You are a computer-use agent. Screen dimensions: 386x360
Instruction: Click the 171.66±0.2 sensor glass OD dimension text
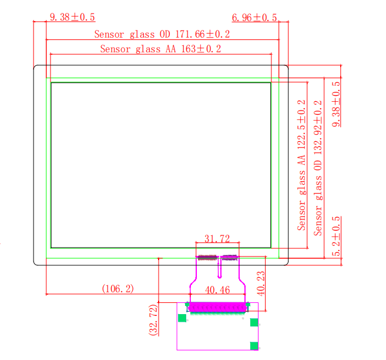point(162,34)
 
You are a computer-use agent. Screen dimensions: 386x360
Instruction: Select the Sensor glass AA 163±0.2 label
point(160,49)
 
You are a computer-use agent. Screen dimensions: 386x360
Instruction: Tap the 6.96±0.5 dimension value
point(254,18)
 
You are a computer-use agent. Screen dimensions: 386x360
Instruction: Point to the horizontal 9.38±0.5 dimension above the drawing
point(72,17)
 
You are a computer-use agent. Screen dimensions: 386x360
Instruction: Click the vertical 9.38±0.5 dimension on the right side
point(336,104)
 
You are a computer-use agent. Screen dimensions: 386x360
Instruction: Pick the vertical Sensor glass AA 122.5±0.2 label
point(301,165)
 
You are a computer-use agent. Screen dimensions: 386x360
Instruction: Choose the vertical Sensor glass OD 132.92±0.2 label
point(318,168)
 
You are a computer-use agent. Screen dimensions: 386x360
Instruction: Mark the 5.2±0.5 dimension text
point(336,236)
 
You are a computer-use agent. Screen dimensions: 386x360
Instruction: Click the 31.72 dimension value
point(217,238)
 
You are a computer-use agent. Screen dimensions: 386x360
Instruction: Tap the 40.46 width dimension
point(217,290)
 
